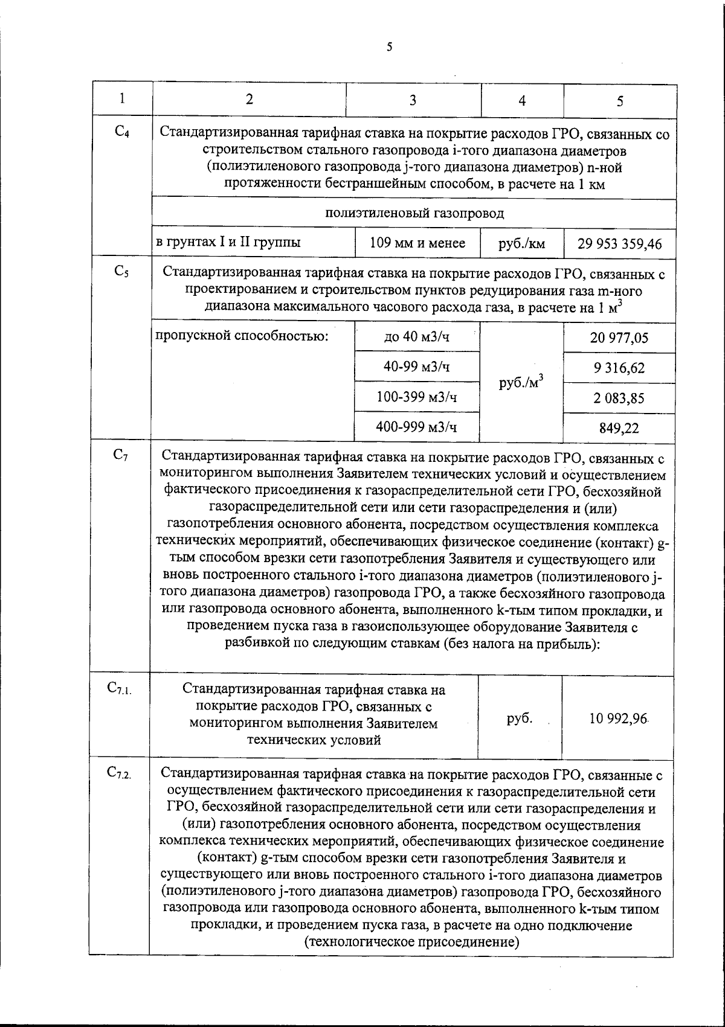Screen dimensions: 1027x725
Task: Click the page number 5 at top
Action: tap(389, 47)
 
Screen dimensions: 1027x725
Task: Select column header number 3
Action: tap(413, 100)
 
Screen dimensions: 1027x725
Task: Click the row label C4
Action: tap(121, 131)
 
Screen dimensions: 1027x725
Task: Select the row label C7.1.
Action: tap(120, 688)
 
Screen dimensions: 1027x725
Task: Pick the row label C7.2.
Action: tap(120, 772)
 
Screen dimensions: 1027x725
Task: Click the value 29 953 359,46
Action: tap(619, 244)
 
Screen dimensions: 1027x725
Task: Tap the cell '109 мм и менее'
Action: tap(417, 243)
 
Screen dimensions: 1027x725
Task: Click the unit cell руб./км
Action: tap(522, 244)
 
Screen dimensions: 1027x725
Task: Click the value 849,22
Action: tap(619, 428)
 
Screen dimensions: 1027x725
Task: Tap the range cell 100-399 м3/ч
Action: tap(417, 397)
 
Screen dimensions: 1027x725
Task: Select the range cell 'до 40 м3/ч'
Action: tap(417, 337)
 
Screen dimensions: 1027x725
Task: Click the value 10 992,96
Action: tap(619, 718)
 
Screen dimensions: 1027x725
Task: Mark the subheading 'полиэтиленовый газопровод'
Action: tap(414, 213)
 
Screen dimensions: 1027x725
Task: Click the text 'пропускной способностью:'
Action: tap(242, 336)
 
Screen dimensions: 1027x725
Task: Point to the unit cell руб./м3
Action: tap(522, 382)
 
